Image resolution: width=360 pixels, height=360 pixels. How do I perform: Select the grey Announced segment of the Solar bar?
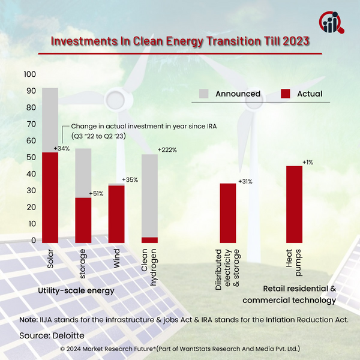[50, 120]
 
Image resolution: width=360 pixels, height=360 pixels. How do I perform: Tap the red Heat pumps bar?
[294, 203]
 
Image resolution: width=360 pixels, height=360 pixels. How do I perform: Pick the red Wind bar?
[116, 214]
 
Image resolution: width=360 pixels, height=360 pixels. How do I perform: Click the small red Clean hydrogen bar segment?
[149, 239]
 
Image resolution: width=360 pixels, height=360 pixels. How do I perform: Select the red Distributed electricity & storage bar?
[227, 212]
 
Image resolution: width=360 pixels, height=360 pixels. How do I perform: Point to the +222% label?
[167, 149]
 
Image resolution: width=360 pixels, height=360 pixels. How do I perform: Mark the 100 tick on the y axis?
[29, 74]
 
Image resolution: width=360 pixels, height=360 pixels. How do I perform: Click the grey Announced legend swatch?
[203, 94]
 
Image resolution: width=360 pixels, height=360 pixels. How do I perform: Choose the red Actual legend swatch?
[286, 94]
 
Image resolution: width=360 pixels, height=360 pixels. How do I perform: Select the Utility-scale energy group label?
[76, 290]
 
